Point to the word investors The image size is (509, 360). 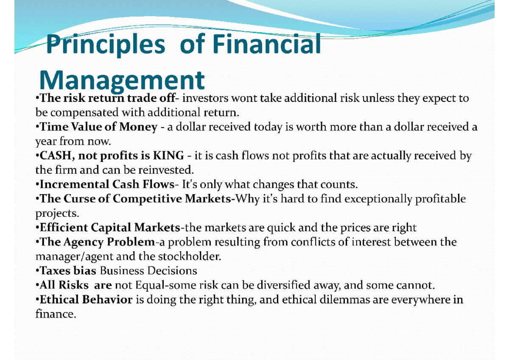click(x=205, y=98)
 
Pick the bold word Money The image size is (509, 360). click(x=138, y=127)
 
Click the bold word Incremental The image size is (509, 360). click(x=74, y=184)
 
